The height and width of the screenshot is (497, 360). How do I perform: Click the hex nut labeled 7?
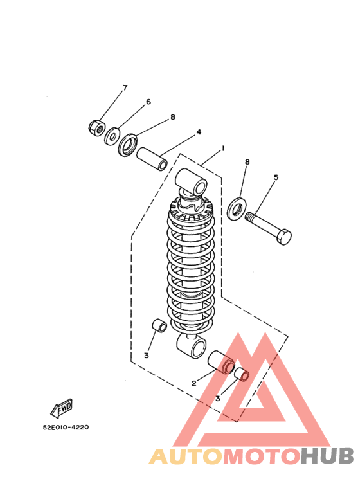pos(96,127)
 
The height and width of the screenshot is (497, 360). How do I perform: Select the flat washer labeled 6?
pos(113,136)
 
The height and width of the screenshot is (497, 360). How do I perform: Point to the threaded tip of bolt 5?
pos(249,216)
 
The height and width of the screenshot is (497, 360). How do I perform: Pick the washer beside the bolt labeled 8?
pos(236,208)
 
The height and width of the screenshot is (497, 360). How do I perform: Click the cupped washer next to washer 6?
pos(128,145)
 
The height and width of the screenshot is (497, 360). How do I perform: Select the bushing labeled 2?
pos(221,361)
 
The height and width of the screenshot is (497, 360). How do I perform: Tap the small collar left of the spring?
pos(159,325)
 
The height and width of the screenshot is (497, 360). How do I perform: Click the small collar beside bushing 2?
pos(242,374)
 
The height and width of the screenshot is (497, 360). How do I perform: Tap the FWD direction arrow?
pos(62,408)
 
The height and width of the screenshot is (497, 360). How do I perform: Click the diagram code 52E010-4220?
pos(66,428)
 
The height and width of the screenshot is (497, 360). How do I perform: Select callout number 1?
pos(223,148)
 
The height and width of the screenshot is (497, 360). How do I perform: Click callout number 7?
pos(125,87)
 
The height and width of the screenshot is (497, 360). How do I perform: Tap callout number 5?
pos(276,177)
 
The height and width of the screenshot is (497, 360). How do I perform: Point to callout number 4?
pos(199,132)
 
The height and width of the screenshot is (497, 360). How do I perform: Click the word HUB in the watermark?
pos(327,456)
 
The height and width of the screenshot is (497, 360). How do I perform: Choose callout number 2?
pos(194,383)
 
